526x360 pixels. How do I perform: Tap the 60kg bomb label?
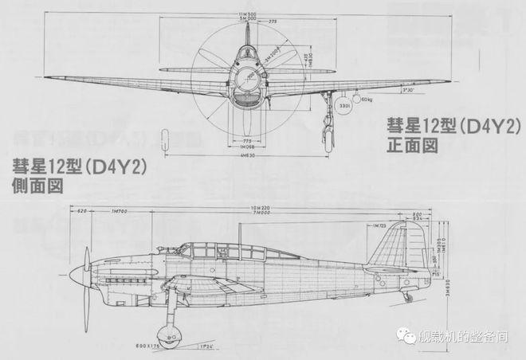367,100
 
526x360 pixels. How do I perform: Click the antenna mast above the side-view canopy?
241,233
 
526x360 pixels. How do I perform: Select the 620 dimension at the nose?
82,210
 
